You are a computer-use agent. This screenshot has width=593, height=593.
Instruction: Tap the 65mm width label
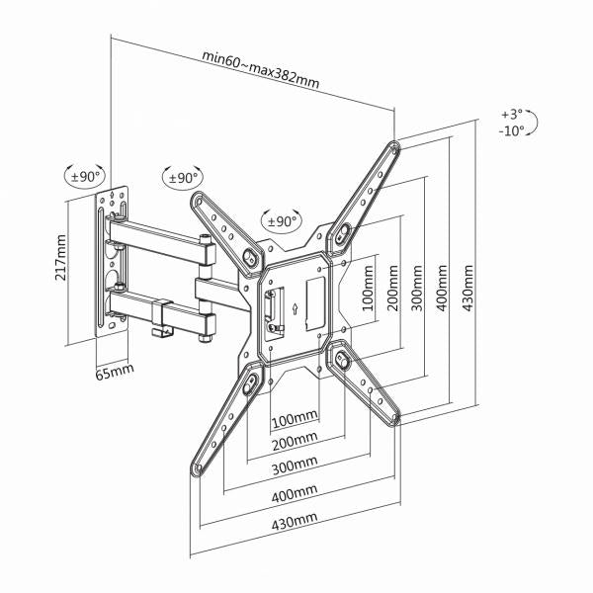(x=115, y=373)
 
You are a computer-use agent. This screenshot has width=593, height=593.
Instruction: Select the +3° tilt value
(x=511, y=115)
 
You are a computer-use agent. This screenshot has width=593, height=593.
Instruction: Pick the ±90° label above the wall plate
(x=86, y=178)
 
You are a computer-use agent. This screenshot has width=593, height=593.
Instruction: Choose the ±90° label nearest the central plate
(x=282, y=221)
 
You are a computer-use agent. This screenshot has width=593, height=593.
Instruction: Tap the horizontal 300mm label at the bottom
(x=296, y=465)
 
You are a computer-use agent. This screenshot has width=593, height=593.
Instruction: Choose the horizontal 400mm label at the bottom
(x=296, y=492)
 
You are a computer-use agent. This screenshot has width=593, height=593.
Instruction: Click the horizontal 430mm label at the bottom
(x=296, y=520)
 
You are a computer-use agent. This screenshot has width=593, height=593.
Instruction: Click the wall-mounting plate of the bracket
(x=113, y=261)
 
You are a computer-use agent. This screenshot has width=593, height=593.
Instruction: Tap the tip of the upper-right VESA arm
(x=395, y=149)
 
